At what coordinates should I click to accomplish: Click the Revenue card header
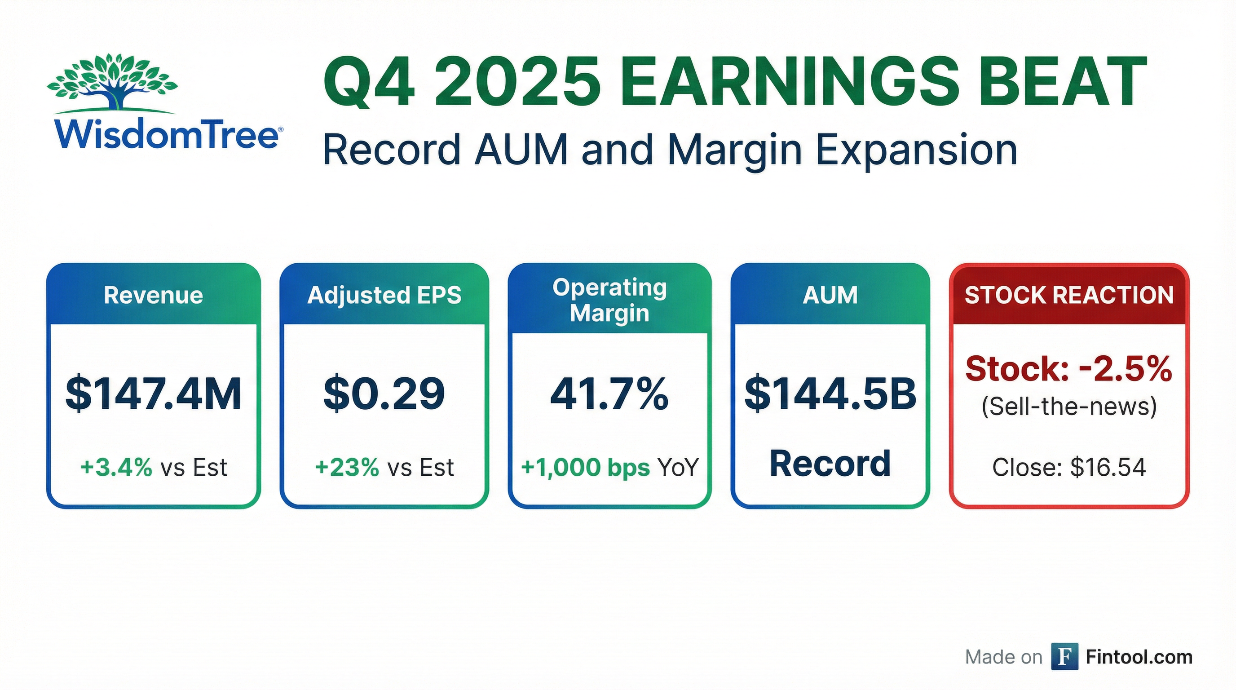pyautogui.click(x=154, y=295)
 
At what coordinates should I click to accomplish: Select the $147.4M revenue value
pyautogui.click(x=154, y=394)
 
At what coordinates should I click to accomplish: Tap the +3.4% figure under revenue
pyautogui.click(x=117, y=467)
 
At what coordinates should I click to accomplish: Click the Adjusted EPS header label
pyautogui.click(x=384, y=295)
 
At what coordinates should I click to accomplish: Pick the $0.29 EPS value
pyautogui.click(x=384, y=394)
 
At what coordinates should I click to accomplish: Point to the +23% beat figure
pyautogui.click(x=347, y=467)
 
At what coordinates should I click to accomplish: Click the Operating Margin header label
pyautogui.click(x=610, y=301)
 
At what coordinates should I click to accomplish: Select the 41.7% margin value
pyautogui.click(x=609, y=394)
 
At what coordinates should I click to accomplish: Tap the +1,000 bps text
pyautogui.click(x=585, y=467)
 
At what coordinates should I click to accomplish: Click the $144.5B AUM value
pyautogui.click(x=830, y=394)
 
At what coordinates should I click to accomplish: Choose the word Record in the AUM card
pyautogui.click(x=830, y=464)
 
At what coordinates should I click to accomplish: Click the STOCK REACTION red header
pyautogui.click(x=1069, y=295)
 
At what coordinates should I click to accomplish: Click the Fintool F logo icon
pyautogui.click(x=1065, y=656)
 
